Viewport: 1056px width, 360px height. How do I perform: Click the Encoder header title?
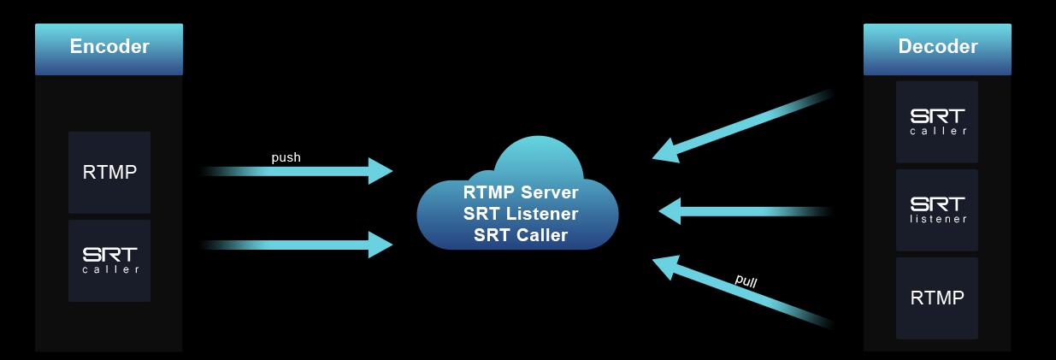click(x=109, y=47)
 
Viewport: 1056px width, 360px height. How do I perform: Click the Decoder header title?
click(x=937, y=47)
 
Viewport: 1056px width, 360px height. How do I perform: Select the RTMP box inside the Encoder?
click(x=109, y=173)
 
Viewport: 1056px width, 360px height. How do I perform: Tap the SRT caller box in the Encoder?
click(x=109, y=261)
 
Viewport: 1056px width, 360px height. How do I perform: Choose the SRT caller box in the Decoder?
click(x=937, y=121)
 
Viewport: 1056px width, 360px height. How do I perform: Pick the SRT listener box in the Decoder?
click(x=937, y=210)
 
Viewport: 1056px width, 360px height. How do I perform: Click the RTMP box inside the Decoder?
click(x=937, y=298)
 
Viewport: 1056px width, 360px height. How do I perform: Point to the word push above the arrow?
click(x=286, y=157)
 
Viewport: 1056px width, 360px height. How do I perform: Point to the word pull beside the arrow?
click(x=746, y=280)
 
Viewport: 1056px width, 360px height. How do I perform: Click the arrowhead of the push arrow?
click(x=381, y=171)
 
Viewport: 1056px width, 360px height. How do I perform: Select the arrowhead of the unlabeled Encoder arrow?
click(x=381, y=245)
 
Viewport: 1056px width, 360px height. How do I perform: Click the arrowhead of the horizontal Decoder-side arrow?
click(x=670, y=210)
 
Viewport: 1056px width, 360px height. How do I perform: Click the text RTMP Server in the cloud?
click(x=521, y=192)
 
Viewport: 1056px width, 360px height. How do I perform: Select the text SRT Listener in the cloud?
click(x=521, y=214)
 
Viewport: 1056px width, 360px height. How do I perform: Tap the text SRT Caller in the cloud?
click(x=521, y=235)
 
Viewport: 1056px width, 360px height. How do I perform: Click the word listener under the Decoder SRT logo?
click(x=938, y=219)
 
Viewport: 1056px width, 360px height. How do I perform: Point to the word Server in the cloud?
click(x=551, y=192)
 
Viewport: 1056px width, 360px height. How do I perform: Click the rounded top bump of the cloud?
click(x=539, y=154)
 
